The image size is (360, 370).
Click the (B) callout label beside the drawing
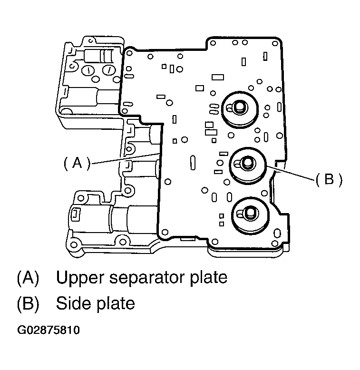coord(328,180)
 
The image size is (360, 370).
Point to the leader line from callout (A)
coord(126,158)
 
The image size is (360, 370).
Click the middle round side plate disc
coord(248,166)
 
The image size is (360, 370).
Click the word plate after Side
coord(115,303)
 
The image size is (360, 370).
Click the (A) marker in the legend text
coord(28,278)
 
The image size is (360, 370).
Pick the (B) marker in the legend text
coord(28,303)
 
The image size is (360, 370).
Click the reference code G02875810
coord(48,330)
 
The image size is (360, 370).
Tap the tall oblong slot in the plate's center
coord(192,163)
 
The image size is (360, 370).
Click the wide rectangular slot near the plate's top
coord(218,76)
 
